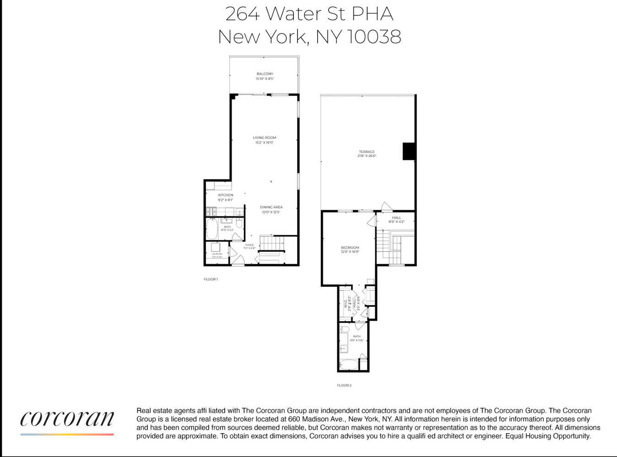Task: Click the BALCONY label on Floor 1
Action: point(265,74)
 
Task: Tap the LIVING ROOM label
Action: point(265,138)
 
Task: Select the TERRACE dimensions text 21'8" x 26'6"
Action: point(367,156)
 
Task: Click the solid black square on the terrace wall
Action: point(409,151)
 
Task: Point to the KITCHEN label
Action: point(225,195)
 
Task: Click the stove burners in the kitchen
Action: point(211,211)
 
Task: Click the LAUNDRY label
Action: point(217,254)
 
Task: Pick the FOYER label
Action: point(249,245)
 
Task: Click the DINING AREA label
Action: point(271,207)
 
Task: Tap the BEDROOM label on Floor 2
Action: point(350,248)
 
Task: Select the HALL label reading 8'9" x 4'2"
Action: point(396,218)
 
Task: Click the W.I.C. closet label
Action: point(346,303)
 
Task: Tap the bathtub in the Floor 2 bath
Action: point(349,365)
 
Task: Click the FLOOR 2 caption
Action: point(344,385)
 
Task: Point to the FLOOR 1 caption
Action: point(211,279)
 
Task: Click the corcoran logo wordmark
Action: point(67,418)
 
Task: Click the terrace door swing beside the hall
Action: point(387,207)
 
